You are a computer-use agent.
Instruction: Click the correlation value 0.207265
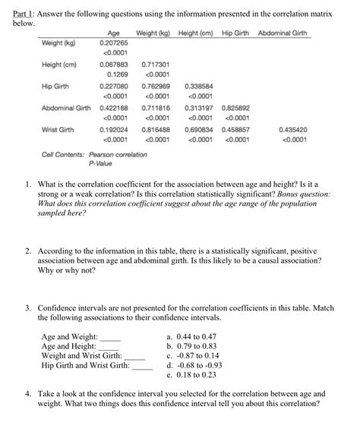(x=114, y=43)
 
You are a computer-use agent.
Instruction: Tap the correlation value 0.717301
(x=154, y=65)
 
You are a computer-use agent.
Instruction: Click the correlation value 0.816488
(x=154, y=130)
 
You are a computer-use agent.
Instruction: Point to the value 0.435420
(x=292, y=130)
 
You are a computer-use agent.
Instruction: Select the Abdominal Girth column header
(x=283, y=34)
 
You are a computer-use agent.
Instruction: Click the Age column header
(x=115, y=34)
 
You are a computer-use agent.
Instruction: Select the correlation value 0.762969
(x=154, y=87)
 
